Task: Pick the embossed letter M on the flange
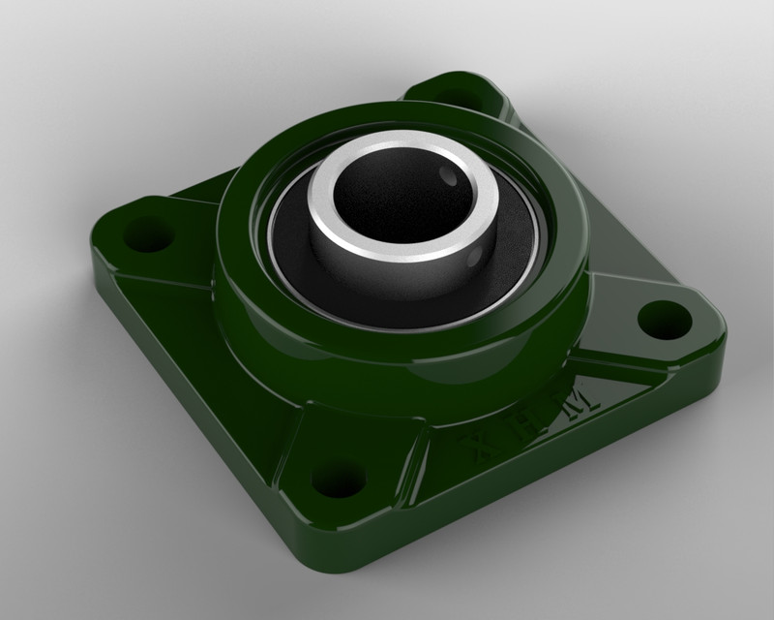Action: pyautogui.click(x=584, y=396)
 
